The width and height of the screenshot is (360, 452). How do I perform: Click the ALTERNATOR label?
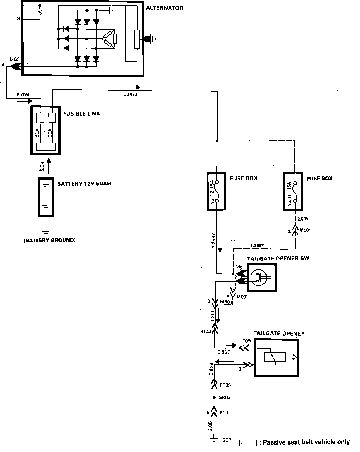[165, 8]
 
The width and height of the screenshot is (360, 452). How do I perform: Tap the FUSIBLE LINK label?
[81, 114]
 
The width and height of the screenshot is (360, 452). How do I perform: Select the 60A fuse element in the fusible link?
[40, 118]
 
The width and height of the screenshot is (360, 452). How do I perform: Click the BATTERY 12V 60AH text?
[84, 184]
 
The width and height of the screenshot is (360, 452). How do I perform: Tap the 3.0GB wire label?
[131, 94]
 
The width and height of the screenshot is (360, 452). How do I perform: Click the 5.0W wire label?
[23, 95]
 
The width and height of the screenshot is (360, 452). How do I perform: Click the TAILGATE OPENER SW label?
[278, 258]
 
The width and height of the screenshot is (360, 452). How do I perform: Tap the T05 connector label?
[246, 341]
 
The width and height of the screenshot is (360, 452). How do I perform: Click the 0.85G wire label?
[224, 352]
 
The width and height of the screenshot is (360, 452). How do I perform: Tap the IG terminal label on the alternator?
[17, 19]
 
